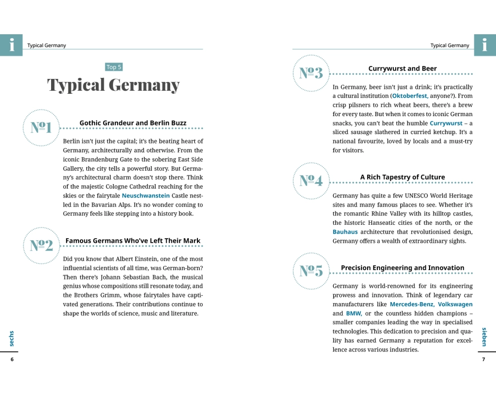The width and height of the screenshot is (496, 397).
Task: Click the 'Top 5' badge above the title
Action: pyautogui.click(x=114, y=67)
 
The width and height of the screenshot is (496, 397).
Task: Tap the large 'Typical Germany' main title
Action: pyautogui.click(x=114, y=85)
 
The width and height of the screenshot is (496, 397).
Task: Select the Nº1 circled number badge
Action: pyautogui.click(x=41, y=128)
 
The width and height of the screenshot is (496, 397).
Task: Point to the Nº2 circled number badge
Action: pyautogui.click(x=41, y=245)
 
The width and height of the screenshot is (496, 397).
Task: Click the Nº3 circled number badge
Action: pyautogui.click(x=311, y=73)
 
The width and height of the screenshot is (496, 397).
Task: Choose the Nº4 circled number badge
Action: pyautogui.click(x=311, y=181)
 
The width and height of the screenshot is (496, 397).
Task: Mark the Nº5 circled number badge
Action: pyautogui.click(x=311, y=271)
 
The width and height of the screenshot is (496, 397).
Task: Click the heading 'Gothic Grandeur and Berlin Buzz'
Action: pyautogui.click(x=133, y=123)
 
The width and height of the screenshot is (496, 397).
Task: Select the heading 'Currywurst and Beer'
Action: pyautogui.click(x=402, y=68)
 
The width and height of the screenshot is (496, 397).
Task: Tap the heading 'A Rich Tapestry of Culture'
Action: pyautogui.click(x=402, y=177)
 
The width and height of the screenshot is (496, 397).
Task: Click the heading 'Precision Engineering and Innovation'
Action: pyautogui.click(x=402, y=268)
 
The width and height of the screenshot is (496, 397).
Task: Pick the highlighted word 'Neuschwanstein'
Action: pyautogui.click(x=146, y=196)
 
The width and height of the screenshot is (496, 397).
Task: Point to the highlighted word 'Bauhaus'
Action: pyautogui.click(x=345, y=232)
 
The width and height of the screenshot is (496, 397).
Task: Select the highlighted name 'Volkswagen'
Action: pyautogui.click(x=455, y=304)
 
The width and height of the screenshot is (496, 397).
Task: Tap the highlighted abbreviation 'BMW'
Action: pyautogui.click(x=354, y=313)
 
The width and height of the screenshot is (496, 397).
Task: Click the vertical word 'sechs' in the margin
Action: pyautogui.click(x=11, y=338)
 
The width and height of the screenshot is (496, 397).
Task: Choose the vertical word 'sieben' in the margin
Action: pyautogui.click(x=485, y=336)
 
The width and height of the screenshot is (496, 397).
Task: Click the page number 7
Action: pyautogui.click(x=484, y=359)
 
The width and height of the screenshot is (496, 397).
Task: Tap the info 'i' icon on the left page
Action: pyautogui.click(x=11, y=45)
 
